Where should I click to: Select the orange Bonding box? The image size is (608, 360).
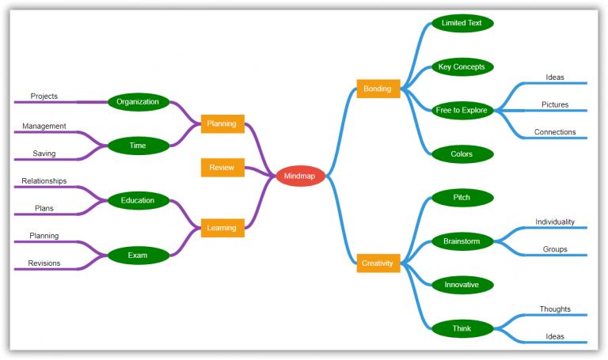pyautogui.click(x=378, y=89)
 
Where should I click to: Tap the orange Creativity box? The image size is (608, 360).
pyautogui.click(x=378, y=263)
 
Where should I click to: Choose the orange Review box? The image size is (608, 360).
pyautogui.click(x=222, y=168)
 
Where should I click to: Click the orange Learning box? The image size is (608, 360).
pyautogui.click(x=222, y=228)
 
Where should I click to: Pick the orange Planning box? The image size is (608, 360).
pyautogui.click(x=222, y=124)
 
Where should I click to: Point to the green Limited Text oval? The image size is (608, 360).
pyautogui.click(x=462, y=23)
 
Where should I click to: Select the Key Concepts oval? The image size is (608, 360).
pyautogui.click(x=462, y=66)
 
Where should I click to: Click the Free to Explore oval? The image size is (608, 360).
pyautogui.click(x=462, y=110)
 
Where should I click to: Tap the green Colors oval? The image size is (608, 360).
pyautogui.click(x=462, y=153)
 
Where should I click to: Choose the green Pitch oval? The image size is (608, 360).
pyautogui.click(x=462, y=197)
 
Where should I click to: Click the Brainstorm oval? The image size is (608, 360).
pyautogui.click(x=462, y=241)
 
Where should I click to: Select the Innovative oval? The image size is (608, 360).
pyautogui.click(x=462, y=284)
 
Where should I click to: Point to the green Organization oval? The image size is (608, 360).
pyautogui.click(x=138, y=101)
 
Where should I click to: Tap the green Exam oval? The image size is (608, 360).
pyautogui.click(x=138, y=255)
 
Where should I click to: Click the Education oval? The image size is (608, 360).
pyautogui.click(x=138, y=200)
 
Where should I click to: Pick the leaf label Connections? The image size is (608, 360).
pyautogui.click(x=555, y=132)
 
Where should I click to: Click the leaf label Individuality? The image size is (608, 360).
pyautogui.click(x=555, y=222)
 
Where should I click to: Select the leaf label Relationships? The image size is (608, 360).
pyautogui.click(x=44, y=181)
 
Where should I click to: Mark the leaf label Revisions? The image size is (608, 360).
pyautogui.click(x=44, y=263)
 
